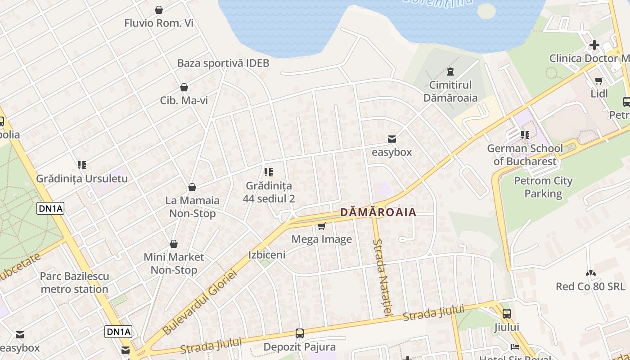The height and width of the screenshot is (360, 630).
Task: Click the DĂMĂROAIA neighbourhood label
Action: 378,212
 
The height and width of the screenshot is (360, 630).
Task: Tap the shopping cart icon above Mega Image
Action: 321,226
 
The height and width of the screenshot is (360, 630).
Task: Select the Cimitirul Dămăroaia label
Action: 450,91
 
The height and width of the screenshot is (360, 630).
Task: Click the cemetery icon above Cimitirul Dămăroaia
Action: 450,71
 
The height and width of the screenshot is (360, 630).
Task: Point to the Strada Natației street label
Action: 382,276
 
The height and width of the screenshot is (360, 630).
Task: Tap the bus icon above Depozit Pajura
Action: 299,333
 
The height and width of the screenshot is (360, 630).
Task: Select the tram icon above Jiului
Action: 507,314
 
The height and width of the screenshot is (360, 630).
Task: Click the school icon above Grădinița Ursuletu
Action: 81,165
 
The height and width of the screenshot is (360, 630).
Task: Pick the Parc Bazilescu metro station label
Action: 74,283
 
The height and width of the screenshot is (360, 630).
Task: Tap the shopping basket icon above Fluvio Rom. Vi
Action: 159,10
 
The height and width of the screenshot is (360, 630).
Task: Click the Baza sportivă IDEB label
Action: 223,63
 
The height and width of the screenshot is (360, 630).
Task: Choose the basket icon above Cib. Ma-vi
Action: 184,87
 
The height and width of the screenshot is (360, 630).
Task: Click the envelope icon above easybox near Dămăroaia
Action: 392,139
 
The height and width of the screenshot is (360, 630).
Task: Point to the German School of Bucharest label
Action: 525,154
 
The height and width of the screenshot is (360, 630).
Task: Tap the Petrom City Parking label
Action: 543,187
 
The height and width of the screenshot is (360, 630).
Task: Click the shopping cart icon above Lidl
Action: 599,81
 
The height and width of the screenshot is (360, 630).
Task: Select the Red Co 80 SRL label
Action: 590,286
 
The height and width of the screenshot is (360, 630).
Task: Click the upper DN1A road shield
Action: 50,208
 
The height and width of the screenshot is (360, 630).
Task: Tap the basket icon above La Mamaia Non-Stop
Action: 192,187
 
